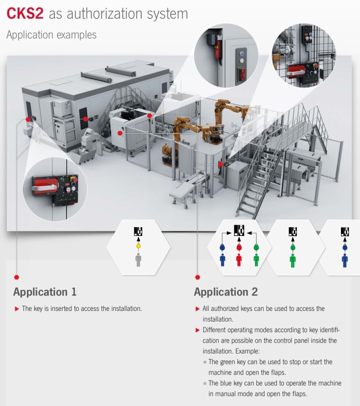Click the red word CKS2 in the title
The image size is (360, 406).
pos(25,13)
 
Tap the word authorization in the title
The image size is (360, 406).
pos(105,14)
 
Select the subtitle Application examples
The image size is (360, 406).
pos(52,35)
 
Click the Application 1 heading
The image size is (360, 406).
pos(45,292)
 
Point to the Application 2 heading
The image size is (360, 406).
pos(226,292)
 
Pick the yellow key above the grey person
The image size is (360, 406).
pos(138,246)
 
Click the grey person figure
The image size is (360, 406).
pos(138,260)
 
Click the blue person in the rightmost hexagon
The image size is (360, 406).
pos(345,260)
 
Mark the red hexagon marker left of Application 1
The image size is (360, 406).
pos(16,277)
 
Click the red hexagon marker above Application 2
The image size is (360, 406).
pos(197,277)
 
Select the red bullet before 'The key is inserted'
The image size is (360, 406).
pos(17,309)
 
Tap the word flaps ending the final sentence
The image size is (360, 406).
pos(299,394)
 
